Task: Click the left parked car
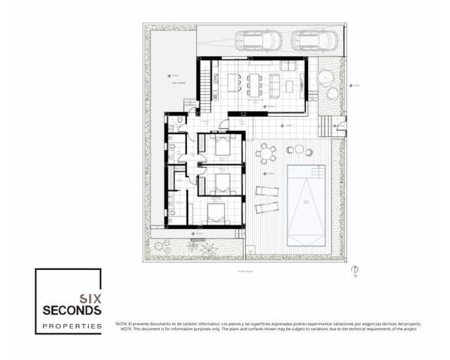pos(258,40)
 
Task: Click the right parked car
pos(314,40)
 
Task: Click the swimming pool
pos(307,205)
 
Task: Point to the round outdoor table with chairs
pos(265,153)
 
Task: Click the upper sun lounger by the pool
pos(267,190)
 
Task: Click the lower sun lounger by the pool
pos(267,208)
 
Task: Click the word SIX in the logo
pos(89,299)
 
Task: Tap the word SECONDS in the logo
pos(72,310)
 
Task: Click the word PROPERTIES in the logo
pos(72,326)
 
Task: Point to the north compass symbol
pos(355,268)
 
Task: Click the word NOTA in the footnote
pos(121,324)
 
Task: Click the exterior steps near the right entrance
pos(326,126)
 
